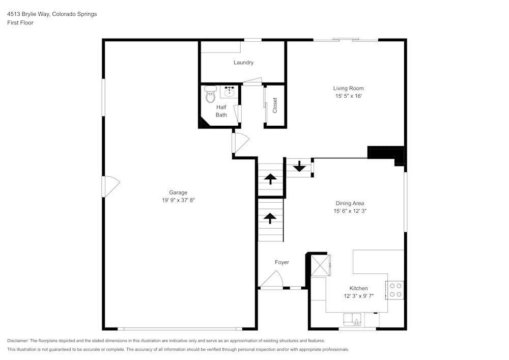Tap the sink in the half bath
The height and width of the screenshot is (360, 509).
tap(230, 92)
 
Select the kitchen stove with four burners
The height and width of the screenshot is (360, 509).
tap(395, 290)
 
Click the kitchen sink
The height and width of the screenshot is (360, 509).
tap(352, 319)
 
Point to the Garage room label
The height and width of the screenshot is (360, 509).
tap(178, 192)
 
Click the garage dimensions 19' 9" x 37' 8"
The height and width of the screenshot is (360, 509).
tap(178, 200)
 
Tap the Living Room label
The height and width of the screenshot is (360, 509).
tap(348, 88)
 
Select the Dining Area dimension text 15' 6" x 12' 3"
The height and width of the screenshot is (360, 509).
tap(350, 211)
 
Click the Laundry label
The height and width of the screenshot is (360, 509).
tap(243, 63)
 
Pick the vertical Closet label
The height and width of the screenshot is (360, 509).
tap(275, 105)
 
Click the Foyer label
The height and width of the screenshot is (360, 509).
tap(281, 262)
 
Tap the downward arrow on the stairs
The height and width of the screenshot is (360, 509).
tap(299, 167)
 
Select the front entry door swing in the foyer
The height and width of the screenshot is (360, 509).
tap(272, 280)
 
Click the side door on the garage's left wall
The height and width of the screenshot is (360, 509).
tap(110, 187)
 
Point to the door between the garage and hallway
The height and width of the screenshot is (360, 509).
tap(239, 143)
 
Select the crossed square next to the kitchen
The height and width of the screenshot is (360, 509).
tap(321, 265)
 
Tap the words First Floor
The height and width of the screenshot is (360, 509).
tap(20, 23)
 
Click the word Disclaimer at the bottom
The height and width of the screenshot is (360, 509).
tap(18, 341)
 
